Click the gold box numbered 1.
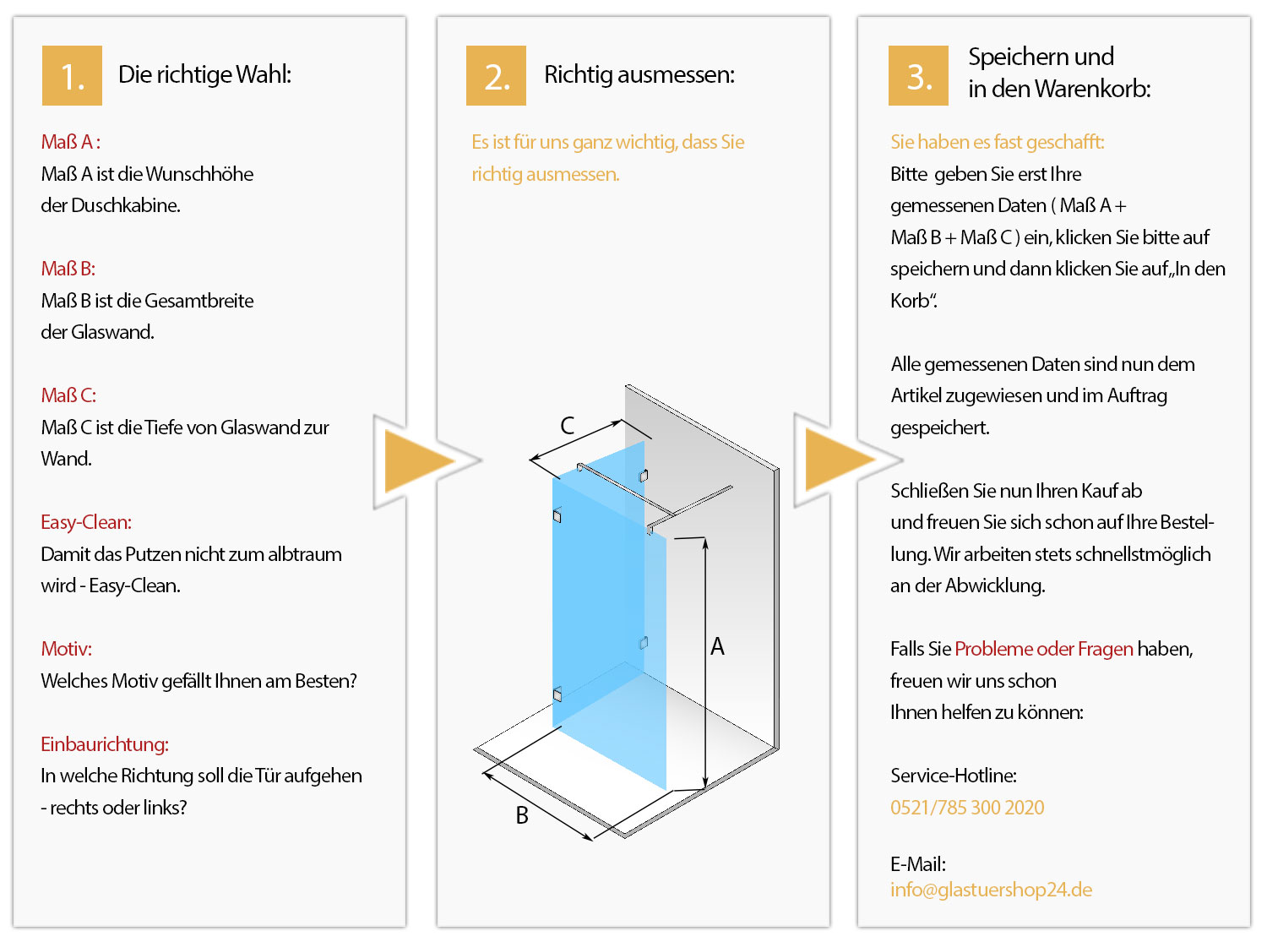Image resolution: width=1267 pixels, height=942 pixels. [x=72, y=75]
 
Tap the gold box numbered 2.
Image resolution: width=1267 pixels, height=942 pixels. [x=496, y=75]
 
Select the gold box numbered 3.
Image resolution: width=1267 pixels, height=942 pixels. [x=918, y=75]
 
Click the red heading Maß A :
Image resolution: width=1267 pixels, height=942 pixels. [x=71, y=142]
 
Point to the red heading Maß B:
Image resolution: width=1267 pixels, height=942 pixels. [x=68, y=269]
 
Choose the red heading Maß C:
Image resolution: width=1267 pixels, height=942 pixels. [x=68, y=395]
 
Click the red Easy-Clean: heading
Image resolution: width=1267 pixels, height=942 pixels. [x=86, y=522]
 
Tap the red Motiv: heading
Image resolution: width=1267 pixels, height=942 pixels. [x=66, y=649]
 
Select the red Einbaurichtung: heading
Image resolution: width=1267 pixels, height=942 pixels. [x=105, y=744]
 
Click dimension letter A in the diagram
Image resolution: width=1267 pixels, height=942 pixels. [x=717, y=646]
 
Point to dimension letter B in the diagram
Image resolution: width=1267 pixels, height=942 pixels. [x=521, y=815]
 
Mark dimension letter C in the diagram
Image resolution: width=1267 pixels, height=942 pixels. [x=567, y=425]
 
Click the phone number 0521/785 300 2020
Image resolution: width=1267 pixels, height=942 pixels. [x=967, y=807]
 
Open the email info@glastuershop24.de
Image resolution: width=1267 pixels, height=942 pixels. [x=991, y=890]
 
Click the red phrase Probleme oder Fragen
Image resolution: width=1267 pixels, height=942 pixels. [x=1044, y=649]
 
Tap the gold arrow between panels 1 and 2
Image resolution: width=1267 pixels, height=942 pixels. [x=420, y=461]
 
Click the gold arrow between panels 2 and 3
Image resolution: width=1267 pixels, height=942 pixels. [x=840, y=460]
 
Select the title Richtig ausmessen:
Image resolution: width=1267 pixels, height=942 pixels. [x=639, y=74]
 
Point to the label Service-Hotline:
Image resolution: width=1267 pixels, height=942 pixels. [x=954, y=776]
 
